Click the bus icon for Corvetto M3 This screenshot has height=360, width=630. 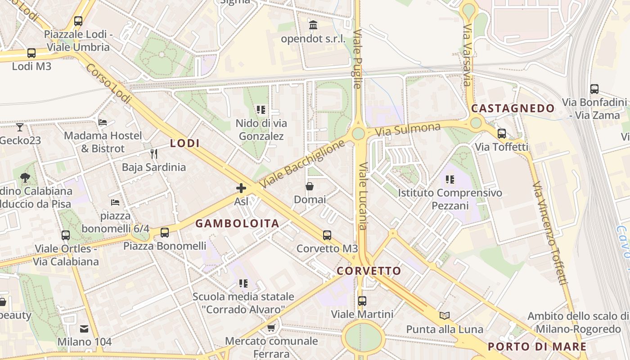click(x=327, y=235)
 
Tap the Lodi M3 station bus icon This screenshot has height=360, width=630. click(x=31, y=53)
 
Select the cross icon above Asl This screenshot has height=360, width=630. click(x=241, y=188)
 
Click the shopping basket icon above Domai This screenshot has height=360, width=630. click(x=310, y=186)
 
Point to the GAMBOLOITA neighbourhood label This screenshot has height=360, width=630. click(x=237, y=223)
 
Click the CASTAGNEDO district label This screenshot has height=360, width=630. click(x=513, y=108)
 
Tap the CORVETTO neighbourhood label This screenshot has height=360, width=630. click(x=369, y=271)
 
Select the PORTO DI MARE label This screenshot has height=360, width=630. click(x=537, y=346)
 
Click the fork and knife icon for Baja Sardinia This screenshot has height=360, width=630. click(x=154, y=154)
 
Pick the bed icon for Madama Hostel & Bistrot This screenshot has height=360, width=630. click(x=103, y=122)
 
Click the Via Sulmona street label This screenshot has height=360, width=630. click(x=408, y=130)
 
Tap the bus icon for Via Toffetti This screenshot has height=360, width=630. click(x=502, y=134)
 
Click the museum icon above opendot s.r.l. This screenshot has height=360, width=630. click(x=313, y=25)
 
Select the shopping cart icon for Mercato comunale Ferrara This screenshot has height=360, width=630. click(x=271, y=328)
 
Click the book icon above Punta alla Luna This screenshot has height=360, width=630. click(x=445, y=315)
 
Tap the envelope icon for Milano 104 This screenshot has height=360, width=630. click(x=84, y=329)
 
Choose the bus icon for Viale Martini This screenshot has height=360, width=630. click(x=362, y=301)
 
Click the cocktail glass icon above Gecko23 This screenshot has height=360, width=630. click(x=20, y=127)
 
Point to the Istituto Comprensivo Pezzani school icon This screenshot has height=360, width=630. click(x=450, y=180)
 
